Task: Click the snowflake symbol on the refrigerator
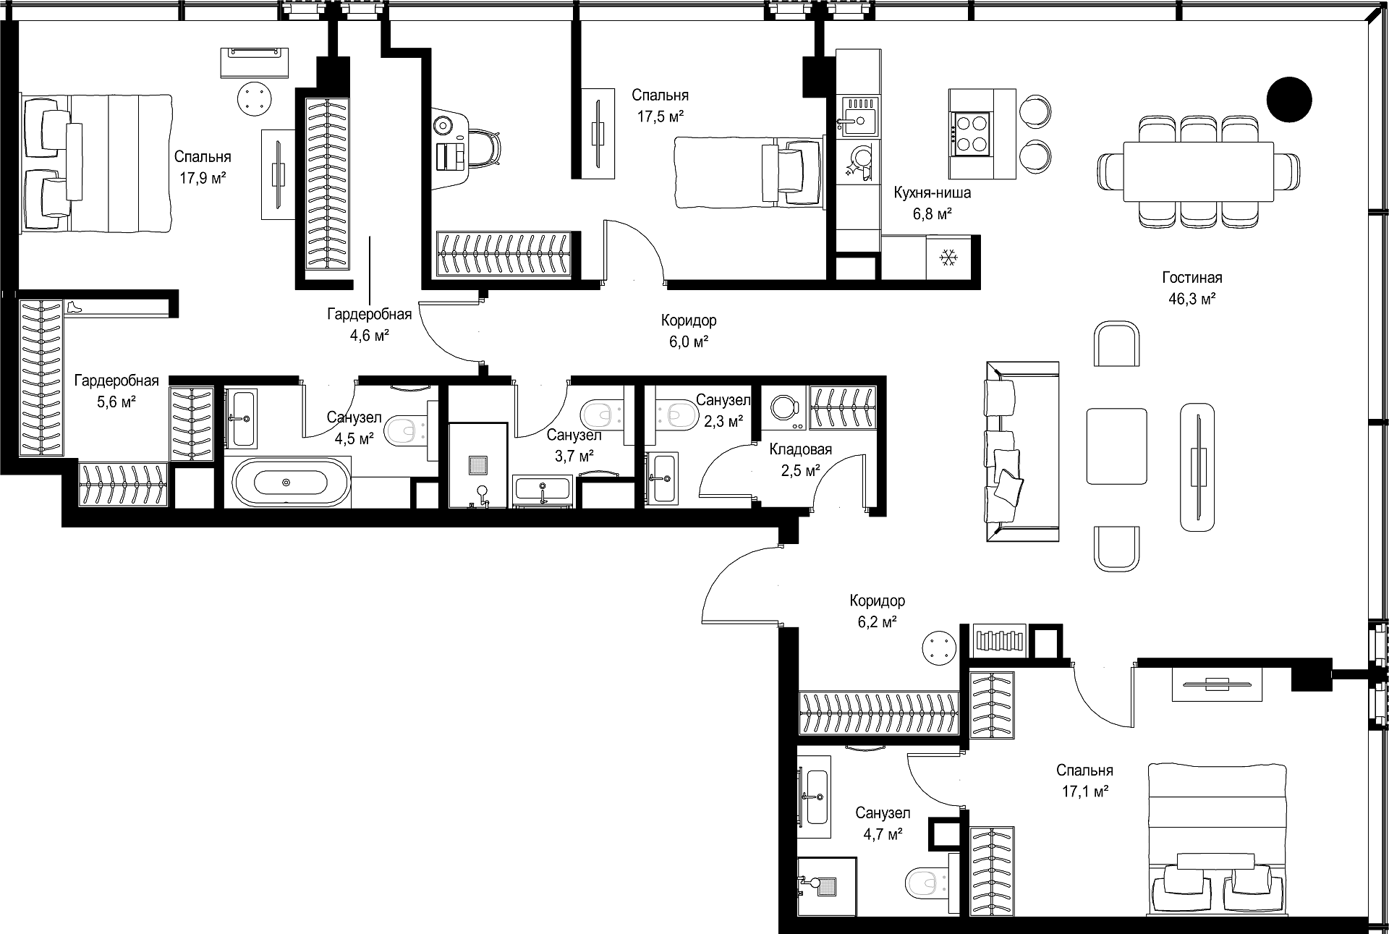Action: click(948, 257)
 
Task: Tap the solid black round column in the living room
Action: click(1289, 99)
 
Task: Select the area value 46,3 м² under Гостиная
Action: click(1192, 297)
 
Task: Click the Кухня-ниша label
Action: click(933, 193)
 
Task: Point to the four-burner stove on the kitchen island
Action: click(970, 134)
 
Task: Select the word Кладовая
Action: click(800, 449)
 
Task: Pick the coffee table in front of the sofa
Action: click(1117, 446)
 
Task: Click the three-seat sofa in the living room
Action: click(1021, 451)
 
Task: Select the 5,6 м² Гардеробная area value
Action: click(116, 402)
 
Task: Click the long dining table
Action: click(1198, 172)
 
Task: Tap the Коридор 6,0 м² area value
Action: click(688, 341)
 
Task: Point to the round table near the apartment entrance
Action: click(941, 647)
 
